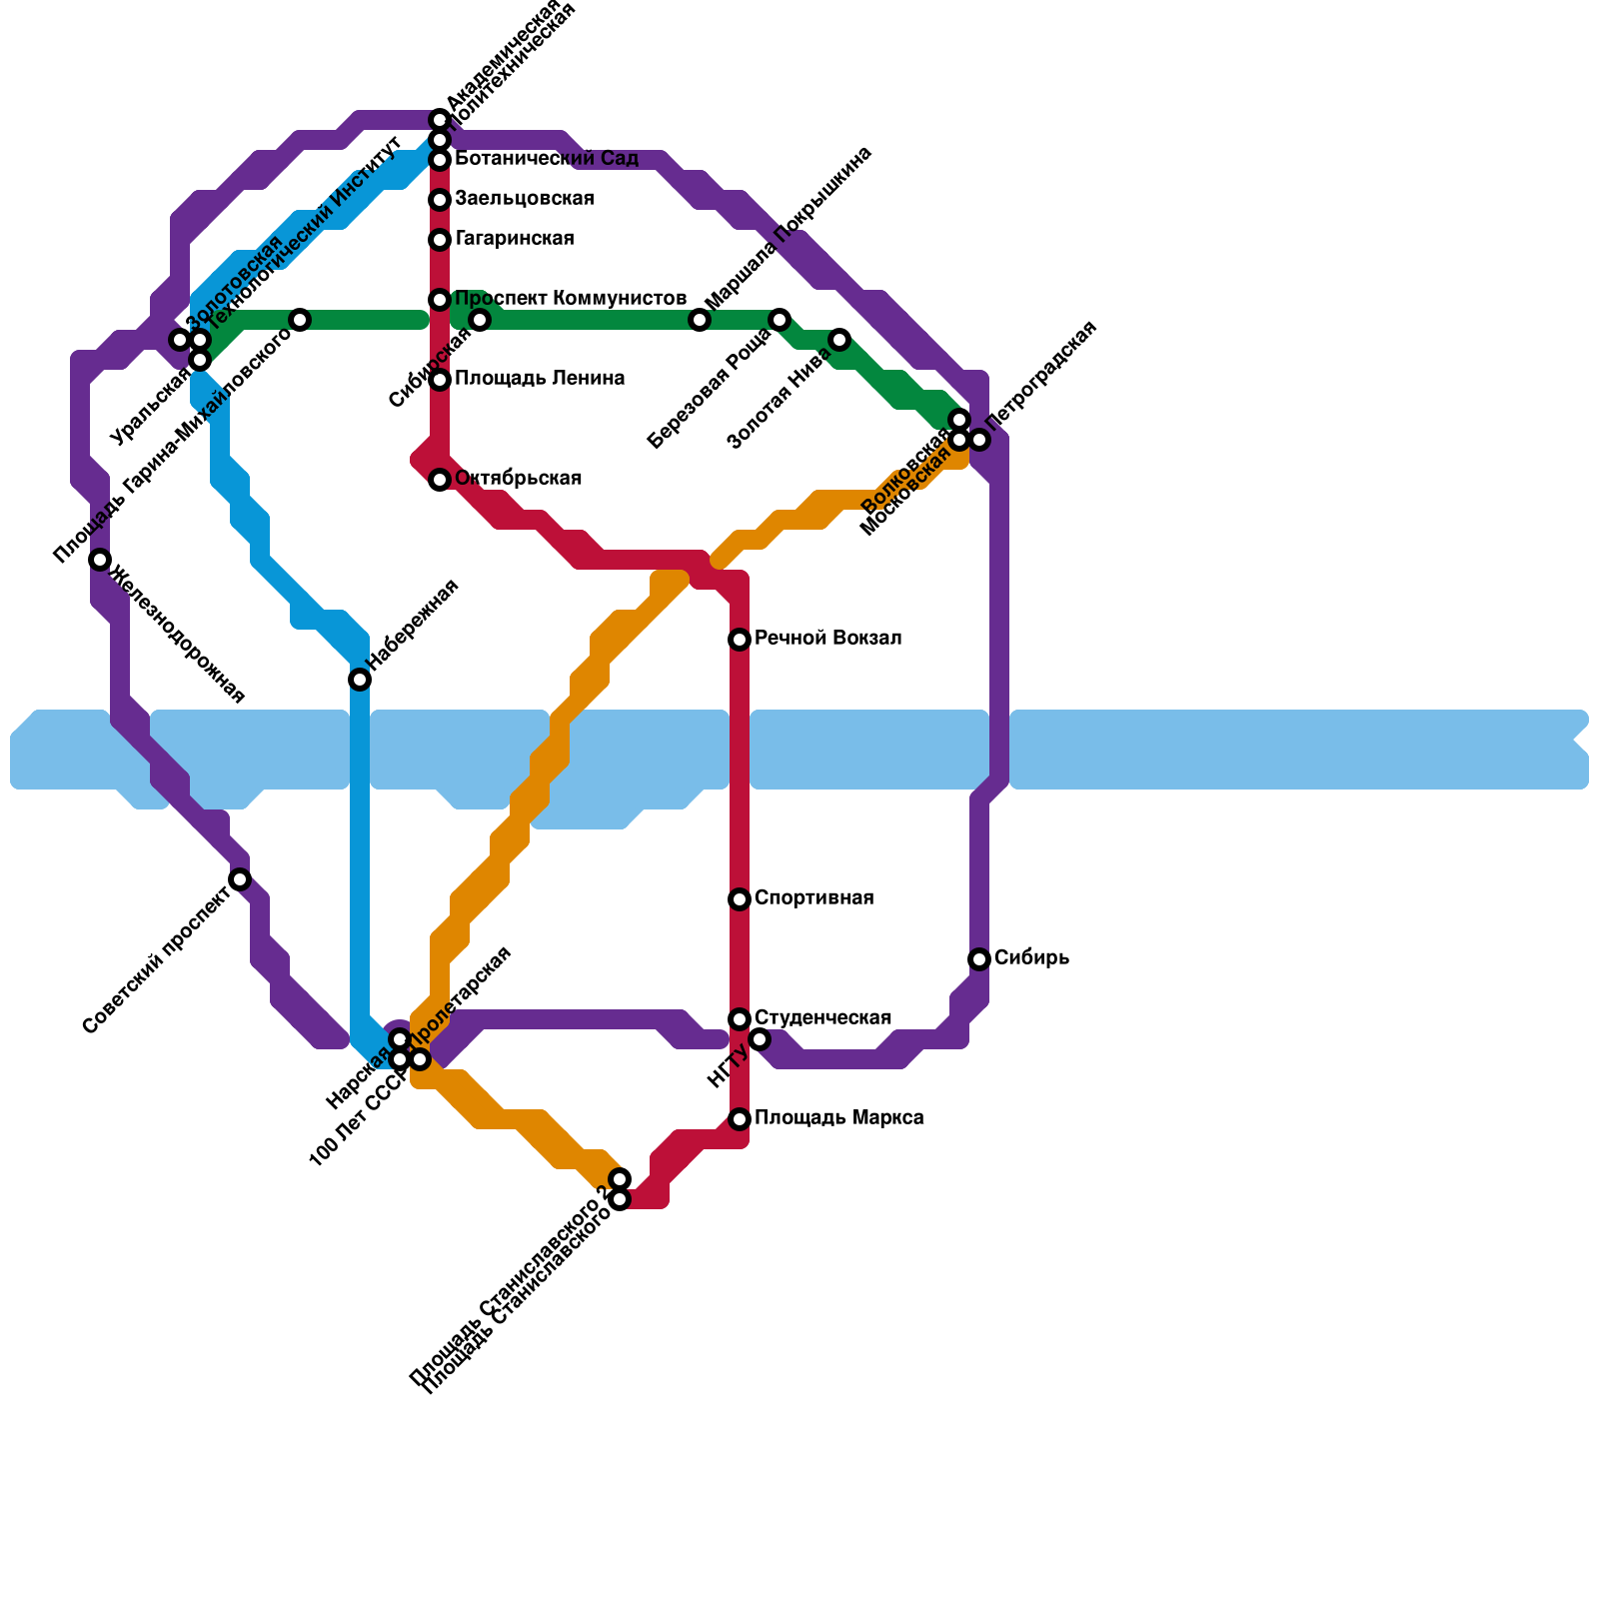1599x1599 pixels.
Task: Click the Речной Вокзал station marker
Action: pos(740,640)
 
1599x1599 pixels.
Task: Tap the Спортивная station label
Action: pos(813,898)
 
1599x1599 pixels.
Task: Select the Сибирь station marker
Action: pos(979,959)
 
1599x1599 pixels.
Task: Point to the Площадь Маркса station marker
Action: pos(740,1119)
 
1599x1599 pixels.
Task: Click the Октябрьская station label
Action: pos(518,479)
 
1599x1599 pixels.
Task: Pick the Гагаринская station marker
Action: pos(440,240)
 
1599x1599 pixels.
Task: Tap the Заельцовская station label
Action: pos(524,199)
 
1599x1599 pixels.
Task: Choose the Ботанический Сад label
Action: pos(546,159)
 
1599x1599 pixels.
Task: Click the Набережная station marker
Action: pos(360,680)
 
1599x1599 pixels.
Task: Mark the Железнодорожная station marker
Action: pos(100,560)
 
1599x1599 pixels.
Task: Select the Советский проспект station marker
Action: pos(240,879)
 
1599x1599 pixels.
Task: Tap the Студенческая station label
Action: pos(822,1018)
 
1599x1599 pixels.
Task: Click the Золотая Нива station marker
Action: pos(839,340)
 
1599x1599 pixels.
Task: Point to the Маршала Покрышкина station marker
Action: pos(700,320)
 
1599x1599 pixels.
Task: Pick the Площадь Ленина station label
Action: pos(540,379)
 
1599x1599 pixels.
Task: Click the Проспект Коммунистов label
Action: pos(570,299)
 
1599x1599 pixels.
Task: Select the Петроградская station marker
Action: pos(979,440)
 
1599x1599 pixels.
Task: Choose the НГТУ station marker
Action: pos(760,1040)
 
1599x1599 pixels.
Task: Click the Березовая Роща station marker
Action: pos(780,320)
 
